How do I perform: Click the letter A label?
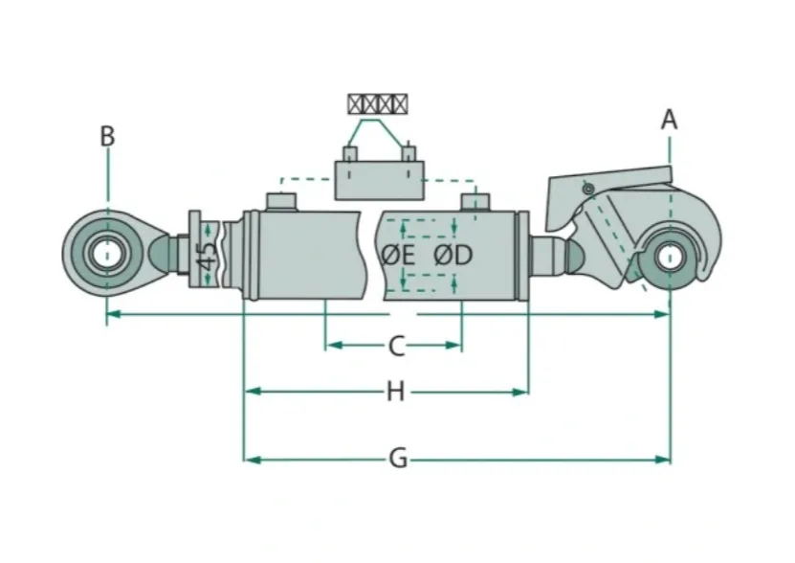pyautogui.click(x=670, y=120)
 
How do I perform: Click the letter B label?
pyautogui.click(x=107, y=136)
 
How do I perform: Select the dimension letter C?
pyautogui.click(x=396, y=347)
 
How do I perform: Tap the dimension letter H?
pyautogui.click(x=395, y=392)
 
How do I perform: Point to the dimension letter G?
pyautogui.click(x=398, y=460)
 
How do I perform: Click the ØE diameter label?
pyautogui.click(x=398, y=256)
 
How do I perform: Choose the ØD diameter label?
pyautogui.click(x=453, y=256)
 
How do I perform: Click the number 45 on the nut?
pyautogui.click(x=207, y=257)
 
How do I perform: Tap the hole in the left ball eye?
pyautogui.click(x=107, y=254)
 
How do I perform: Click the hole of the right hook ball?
pyautogui.click(x=670, y=257)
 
